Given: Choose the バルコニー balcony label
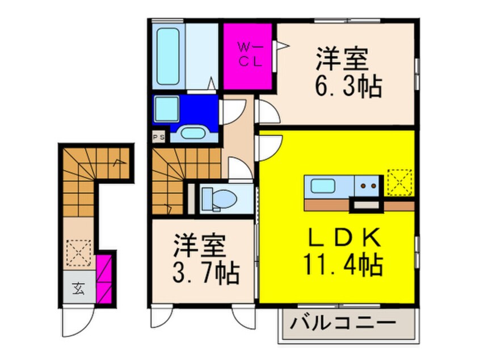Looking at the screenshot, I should (x=344, y=324).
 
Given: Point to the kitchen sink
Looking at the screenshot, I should (x=322, y=185).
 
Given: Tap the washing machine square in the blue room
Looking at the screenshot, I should (x=166, y=108).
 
